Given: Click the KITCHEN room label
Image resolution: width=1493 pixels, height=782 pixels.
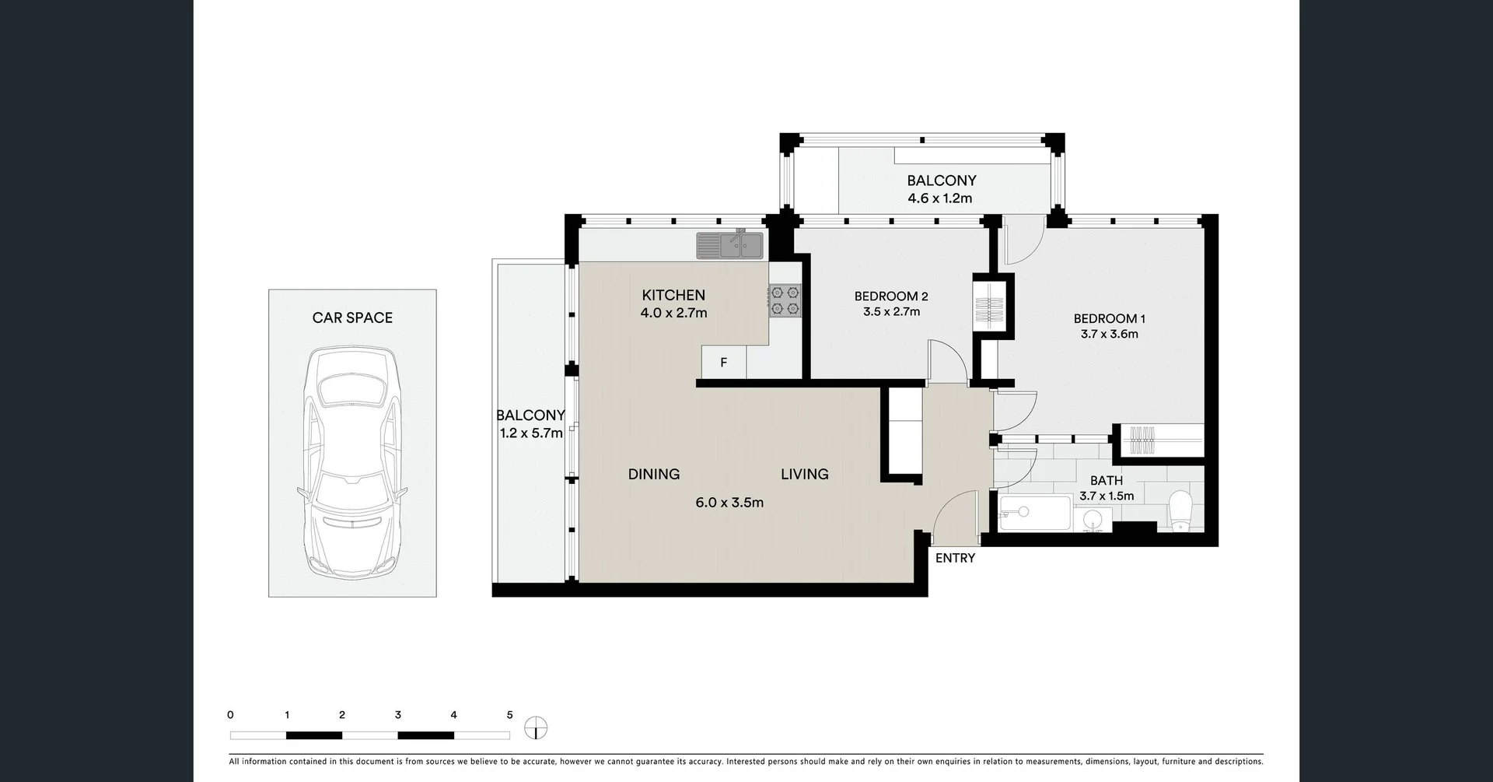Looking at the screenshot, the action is [x=673, y=295].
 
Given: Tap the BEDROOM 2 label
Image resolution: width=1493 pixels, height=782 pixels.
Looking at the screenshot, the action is [x=891, y=296].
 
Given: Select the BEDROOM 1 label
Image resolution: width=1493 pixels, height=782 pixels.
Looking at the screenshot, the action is [x=1110, y=318].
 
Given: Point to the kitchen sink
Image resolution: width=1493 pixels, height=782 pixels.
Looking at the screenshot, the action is [x=730, y=245].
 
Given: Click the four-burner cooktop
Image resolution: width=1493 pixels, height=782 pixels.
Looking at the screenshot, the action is [x=785, y=301].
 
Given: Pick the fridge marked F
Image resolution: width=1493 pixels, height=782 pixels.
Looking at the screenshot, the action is [x=724, y=363].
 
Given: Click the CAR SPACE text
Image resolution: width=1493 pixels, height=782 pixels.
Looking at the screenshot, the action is [x=352, y=317].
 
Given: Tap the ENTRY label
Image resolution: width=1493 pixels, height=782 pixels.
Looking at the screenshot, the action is [x=955, y=558].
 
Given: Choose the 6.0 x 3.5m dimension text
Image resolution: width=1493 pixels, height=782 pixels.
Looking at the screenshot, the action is [x=729, y=503].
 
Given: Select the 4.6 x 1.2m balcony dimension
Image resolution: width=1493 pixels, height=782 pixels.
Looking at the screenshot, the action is [x=940, y=198].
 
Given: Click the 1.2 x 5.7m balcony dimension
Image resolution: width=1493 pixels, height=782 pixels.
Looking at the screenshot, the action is [x=531, y=433].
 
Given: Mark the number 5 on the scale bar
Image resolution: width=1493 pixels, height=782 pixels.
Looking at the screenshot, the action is [x=510, y=715].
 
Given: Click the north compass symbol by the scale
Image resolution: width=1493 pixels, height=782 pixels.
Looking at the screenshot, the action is [x=536, y=728].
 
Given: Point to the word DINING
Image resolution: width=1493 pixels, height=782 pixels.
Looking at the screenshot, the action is [x=654, y=474].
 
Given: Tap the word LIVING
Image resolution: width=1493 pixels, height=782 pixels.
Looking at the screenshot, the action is [x=805, y=474].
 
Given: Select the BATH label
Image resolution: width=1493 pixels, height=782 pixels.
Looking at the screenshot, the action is [x=1107, y=481].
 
